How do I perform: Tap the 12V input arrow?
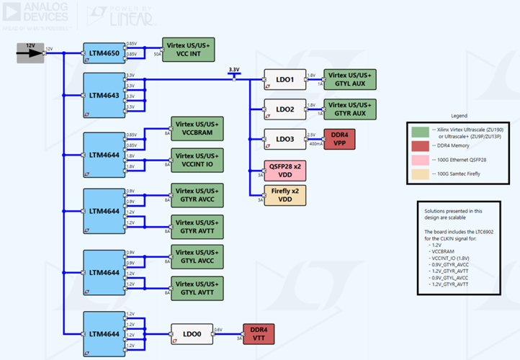30,52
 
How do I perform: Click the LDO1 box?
284,78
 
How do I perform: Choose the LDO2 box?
284,109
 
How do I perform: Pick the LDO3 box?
284,139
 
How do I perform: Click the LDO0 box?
192,333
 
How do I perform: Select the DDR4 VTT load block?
259,333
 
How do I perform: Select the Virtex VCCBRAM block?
197,128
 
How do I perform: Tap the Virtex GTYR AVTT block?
197,225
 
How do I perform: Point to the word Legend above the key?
459,115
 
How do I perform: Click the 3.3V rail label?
233,70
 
